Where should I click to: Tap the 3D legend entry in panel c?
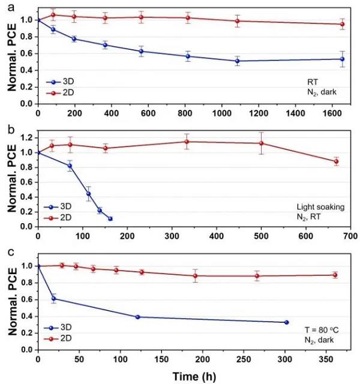(60, 328)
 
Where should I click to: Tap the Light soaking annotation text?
(323, 206)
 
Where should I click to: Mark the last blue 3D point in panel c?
(286, 322)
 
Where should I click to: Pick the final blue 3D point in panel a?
(342, 59)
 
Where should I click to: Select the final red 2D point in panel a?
(342, 24)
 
